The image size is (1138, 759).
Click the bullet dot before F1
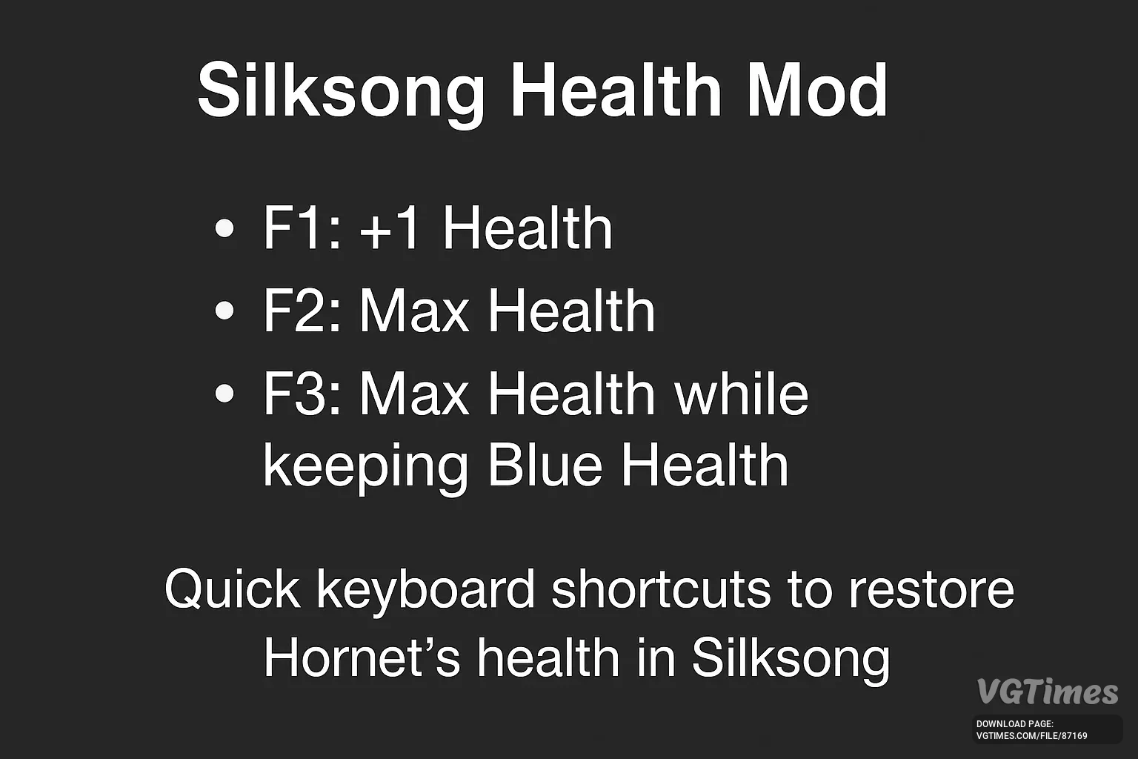point(224,228)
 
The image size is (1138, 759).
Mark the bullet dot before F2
point(224,311)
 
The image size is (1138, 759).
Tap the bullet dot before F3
point(224,394)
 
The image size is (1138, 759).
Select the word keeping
point(365,468)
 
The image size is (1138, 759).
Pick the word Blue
point(545,465)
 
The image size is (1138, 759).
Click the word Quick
point(232,589)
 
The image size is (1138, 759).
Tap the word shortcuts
point(661,589)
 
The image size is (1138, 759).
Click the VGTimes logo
point(1048,692)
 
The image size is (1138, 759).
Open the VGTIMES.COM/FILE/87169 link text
point(1032,736)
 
